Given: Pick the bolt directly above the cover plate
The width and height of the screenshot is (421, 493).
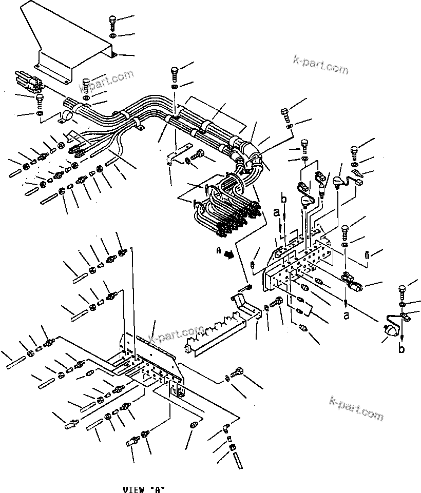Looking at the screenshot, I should coord(112,23).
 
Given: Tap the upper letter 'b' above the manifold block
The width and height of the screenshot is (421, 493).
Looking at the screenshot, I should coord(282,199).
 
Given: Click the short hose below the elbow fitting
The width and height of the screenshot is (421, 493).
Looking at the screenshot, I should coord(237,458).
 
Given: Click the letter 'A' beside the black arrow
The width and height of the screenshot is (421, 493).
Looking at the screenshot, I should coord(219,251).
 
